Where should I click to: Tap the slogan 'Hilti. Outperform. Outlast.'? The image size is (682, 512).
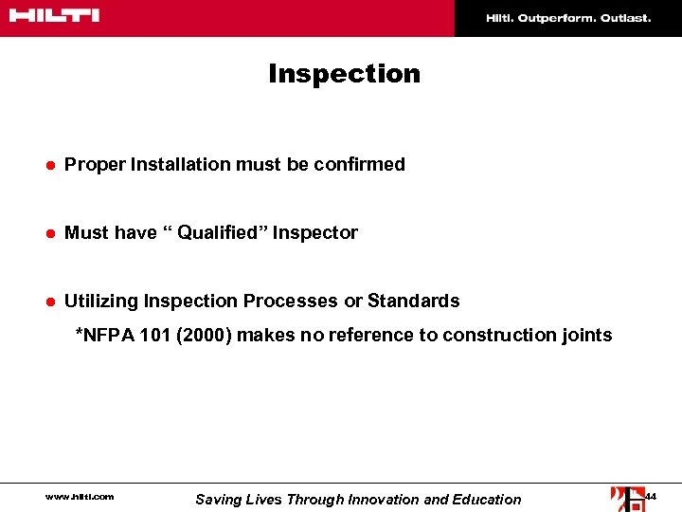568,18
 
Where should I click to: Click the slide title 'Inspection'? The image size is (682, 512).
344,74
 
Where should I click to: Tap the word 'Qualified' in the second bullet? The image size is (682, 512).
221,233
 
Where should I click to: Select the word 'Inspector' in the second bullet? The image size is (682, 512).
315,233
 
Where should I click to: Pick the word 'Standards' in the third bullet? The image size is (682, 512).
414,302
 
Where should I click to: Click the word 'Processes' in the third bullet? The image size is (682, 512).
291,302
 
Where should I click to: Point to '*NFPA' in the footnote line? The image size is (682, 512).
103,335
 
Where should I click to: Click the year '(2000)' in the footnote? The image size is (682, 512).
202,335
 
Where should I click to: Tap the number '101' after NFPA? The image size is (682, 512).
153,335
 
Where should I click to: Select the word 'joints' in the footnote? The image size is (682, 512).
587,335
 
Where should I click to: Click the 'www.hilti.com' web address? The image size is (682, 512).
80,497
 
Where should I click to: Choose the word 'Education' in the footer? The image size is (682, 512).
487,500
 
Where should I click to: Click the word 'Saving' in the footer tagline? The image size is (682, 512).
219,500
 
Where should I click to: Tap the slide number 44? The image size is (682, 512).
651,496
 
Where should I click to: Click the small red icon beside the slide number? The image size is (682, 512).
626,498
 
